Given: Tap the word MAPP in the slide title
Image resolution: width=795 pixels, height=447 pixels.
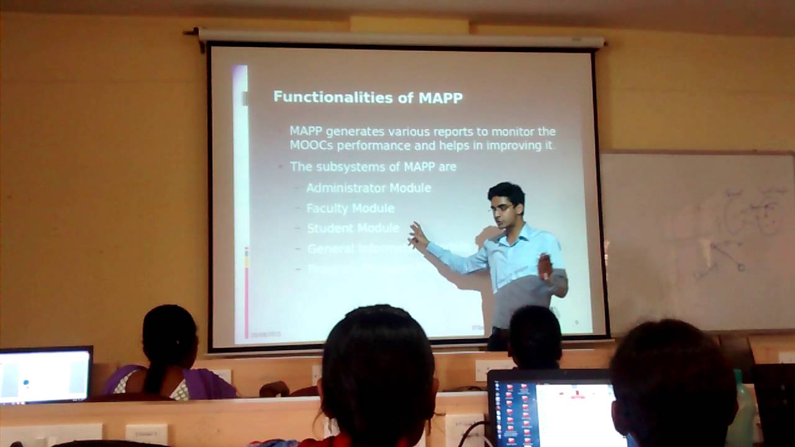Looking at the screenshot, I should click(x=440, y=97).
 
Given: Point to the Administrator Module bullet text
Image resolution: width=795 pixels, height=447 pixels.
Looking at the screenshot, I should click(x=368, y=187).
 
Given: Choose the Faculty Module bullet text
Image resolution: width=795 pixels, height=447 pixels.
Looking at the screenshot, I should click(x=350, y=208).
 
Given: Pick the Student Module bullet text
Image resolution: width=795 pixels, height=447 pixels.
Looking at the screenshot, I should click(x=353, y=228).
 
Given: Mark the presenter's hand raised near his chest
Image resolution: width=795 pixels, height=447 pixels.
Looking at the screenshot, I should click(x=545, y=267).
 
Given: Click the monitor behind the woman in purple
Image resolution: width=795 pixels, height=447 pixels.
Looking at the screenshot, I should click(x=45, y=375).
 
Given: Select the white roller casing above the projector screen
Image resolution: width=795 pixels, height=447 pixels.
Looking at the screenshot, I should click(x=401, y=38).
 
